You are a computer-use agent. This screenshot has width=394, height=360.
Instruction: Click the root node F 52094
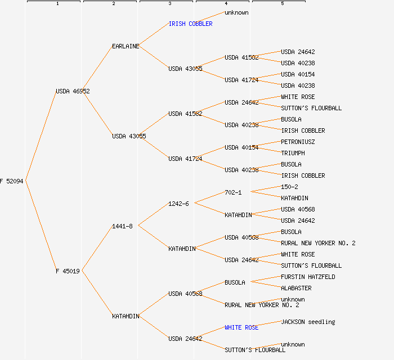[x=12, y=181]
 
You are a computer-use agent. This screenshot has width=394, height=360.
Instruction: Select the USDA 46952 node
[x=73, y=91]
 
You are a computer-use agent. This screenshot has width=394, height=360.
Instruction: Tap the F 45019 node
[x=68, y=271]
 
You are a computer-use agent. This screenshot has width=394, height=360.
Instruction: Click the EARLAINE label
[x=126, y=46]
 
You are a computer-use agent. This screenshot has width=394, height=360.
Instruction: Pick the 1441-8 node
[x=122, y=226]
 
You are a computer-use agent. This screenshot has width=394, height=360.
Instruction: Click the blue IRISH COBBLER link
[x=190, y=24]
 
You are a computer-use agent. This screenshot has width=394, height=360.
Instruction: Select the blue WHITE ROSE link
[x=241, y=327]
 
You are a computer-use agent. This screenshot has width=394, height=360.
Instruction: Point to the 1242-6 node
[x=178, y=204]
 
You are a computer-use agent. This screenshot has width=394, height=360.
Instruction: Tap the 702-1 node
[x=233, y=192]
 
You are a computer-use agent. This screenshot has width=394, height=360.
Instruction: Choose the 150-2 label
[x=289, y=187]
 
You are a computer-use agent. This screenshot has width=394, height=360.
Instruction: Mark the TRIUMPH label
[x=293, y=153]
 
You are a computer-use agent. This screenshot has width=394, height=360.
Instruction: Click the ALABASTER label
[x=296, y=288]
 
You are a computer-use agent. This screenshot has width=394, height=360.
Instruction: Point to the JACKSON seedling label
[x=308, y=322]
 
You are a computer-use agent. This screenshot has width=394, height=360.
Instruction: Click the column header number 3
[x=169, y=4]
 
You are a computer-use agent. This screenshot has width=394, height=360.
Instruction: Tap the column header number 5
[x=282, y=4]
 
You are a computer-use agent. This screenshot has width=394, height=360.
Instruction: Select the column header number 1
[x=57, y=4]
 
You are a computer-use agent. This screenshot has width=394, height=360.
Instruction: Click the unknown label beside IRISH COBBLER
[x=236, y=12]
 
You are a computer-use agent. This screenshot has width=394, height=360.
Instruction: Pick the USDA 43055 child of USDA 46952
[x=129, y=136]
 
